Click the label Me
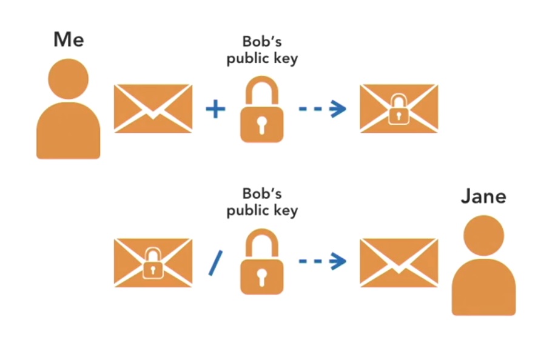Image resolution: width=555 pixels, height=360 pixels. coord(68,39)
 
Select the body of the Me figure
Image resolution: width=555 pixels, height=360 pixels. coord(68,130)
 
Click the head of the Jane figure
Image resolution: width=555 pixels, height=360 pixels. coord(483,235)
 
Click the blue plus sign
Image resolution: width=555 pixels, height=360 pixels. coord(215,109)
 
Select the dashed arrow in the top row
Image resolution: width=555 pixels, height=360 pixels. coord(322,109)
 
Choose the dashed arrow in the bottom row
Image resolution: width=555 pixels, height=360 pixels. coord(322,262)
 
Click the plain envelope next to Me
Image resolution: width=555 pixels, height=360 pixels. coord(153,108)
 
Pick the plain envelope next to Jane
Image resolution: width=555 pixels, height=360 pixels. coord(399,262)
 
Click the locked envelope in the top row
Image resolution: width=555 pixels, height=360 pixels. coord(399,108)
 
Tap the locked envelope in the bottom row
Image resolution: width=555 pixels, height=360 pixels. coord(153,262)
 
